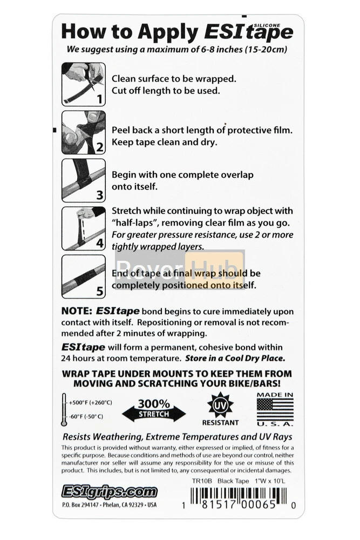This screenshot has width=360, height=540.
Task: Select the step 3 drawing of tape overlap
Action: [83, 180]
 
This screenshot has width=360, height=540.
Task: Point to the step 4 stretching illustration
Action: [83, 228]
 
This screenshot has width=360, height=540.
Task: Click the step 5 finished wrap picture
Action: [83, 276]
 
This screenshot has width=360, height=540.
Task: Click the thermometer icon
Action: [64, 409]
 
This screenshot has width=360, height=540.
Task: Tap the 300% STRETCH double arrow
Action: [153, 410]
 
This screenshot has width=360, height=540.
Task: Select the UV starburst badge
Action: [220, 404]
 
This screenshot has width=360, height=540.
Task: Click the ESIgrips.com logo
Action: [109, 491]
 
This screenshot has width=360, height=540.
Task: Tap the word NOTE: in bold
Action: [77, 312]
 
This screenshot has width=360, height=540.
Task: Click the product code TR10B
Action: [202, 480]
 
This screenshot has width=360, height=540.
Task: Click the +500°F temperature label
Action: [90, 402]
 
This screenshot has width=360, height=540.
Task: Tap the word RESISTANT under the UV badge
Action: [220, 423]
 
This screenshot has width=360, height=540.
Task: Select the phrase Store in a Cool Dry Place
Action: [235, 358]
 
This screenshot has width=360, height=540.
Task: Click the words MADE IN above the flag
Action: [275, 395]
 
